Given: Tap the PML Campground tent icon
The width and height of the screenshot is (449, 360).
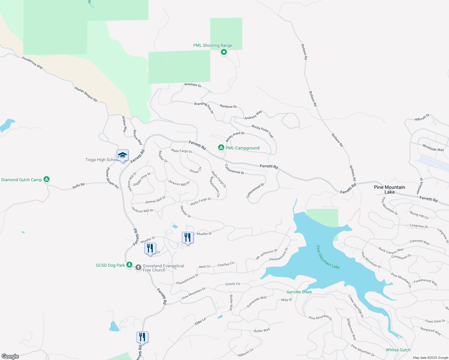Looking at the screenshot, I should coord(221,148).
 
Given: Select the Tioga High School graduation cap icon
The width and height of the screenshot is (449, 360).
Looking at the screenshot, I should coord(122,156).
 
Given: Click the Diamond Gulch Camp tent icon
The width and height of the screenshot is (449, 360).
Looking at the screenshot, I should coord(47,179).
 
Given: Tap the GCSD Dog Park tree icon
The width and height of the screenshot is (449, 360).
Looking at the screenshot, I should coord(129,265).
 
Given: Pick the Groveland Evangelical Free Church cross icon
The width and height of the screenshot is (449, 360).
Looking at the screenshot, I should coord(138,267).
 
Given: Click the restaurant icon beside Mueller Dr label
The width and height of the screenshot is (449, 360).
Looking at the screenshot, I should coord(188,238).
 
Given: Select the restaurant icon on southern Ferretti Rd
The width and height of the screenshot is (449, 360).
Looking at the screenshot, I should coord(142,337).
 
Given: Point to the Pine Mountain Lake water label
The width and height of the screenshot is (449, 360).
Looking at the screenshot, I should coord(328,257).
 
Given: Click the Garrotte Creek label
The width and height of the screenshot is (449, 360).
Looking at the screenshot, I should coord(299,292).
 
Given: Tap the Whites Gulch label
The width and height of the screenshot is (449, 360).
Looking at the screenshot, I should coord(398,350).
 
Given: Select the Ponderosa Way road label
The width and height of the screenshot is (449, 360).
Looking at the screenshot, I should coord(32,63).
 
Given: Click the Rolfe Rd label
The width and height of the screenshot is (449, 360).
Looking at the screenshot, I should coord(78,186).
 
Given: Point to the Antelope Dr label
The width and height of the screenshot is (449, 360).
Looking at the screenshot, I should coord(193,85).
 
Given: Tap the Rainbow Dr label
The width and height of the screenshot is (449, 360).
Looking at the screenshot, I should coord(228,106).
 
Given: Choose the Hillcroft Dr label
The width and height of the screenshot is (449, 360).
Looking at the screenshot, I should coord(422,118).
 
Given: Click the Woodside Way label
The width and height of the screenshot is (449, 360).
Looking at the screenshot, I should coord(433,148).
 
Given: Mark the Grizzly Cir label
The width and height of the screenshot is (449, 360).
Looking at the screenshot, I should coord(233,284).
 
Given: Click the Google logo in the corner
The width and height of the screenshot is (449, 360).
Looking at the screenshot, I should coord(10,356).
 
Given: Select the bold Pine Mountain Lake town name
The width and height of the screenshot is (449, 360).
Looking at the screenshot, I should coord(389,190).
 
